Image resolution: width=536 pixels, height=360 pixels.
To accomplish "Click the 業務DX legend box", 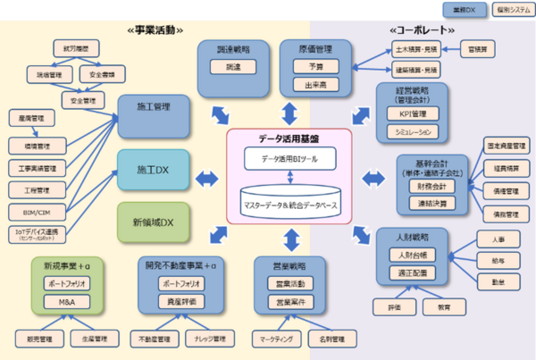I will coord(464,10).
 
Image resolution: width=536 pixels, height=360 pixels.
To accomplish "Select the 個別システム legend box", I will coord(508,10).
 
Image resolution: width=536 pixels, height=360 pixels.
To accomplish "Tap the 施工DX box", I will coord(155,169).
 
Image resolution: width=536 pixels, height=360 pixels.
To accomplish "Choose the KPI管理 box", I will coord(412,113).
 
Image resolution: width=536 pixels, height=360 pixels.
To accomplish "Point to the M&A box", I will coord(68,301).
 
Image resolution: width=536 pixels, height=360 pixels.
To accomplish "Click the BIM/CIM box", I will coord(37,212).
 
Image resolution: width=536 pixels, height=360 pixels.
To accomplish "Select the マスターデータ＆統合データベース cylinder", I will coord(290,203).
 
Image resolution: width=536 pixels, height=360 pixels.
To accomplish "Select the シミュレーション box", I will coord(412,131).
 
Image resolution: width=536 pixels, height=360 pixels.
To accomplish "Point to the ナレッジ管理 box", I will coord(211,339).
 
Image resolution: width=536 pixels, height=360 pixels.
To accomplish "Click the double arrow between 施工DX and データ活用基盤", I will coord(207,177).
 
